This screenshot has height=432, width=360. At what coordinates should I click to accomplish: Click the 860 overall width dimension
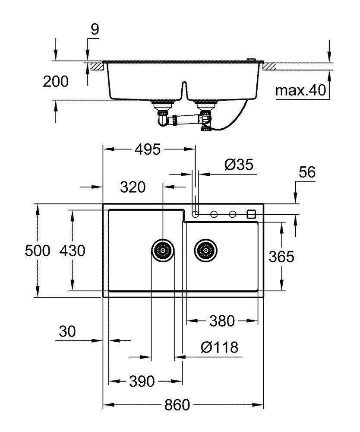pos(177,405)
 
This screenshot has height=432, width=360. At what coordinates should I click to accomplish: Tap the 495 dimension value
pos(148,149)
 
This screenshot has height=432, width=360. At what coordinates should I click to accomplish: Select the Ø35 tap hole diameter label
pos(239,165)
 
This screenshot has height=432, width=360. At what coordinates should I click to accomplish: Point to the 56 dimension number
pos(307,172)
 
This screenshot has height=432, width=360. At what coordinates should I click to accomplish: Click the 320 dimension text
pos(133,187)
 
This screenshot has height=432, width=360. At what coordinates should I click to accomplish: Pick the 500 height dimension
pos(38,251)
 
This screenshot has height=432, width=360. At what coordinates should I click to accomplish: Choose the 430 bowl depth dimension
pos(73,251)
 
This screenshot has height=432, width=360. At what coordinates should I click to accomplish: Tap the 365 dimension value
pos(281,257)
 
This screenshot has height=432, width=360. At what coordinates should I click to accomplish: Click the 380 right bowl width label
pos(222,321)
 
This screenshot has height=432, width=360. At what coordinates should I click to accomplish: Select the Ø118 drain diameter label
pos(220,347)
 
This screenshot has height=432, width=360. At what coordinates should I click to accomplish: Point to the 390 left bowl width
pos(142,381)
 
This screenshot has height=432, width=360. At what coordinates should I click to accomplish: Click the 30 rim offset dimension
pos(67,331)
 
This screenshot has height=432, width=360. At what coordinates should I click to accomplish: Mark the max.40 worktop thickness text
pos(300,90)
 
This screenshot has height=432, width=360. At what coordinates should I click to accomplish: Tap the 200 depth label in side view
pos(56,82)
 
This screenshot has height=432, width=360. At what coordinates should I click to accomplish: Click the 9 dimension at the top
pos(95,29)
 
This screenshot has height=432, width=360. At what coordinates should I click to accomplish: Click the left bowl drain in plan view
pos(163,251)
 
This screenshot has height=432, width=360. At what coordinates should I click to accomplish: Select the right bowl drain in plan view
pos(205,251)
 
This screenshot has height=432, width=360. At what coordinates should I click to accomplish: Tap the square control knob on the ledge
pos(251,214)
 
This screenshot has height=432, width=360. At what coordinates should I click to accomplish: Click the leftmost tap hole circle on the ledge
pos(195,214)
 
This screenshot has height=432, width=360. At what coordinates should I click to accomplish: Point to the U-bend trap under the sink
pos(163,120)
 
